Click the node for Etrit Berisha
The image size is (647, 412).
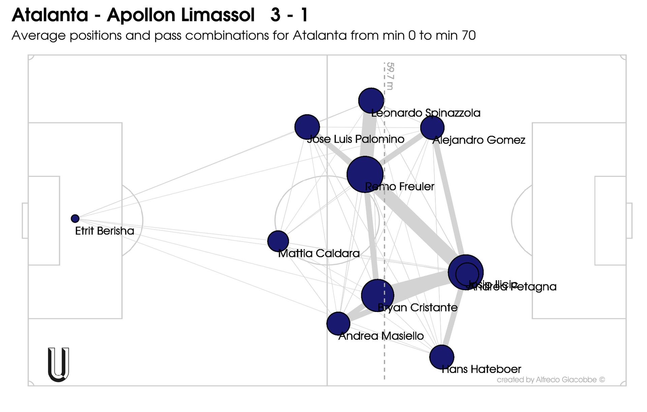point(75,219)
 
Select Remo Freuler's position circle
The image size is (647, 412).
point(365,174)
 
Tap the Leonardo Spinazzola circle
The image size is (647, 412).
point(371,100)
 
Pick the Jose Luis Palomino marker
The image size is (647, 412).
point(307,127)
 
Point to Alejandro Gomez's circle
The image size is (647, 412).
point(432,128)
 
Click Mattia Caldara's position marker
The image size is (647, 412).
point(278,241)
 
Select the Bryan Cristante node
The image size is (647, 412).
point(377,295)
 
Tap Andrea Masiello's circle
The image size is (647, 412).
point(338,323)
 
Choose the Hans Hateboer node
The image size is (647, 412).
point(441,357)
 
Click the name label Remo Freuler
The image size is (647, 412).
point(400,187)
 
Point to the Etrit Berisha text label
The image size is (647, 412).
point(104,231)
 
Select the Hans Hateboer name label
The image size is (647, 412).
point(481,369)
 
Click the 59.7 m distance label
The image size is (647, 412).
point(390,76)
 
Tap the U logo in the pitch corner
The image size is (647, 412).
point(59,365)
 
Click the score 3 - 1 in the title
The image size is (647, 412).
point(289,15)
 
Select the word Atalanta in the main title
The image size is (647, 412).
point(50,15)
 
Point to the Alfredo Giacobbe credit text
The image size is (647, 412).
point(551,380)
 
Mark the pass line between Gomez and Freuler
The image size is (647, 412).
point(401,150)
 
